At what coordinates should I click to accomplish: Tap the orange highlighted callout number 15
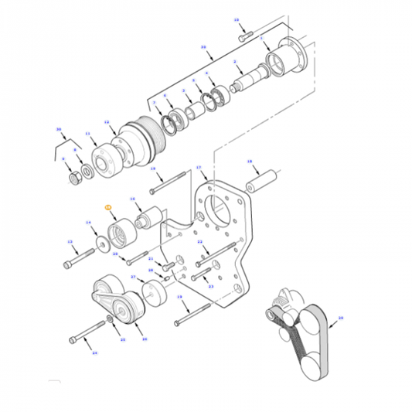[108, 208]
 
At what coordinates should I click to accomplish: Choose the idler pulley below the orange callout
[121, 236]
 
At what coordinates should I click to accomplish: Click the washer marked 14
[101, 245]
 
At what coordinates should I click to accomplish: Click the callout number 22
[199, 243]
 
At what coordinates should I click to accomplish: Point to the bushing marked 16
[147, 222]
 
